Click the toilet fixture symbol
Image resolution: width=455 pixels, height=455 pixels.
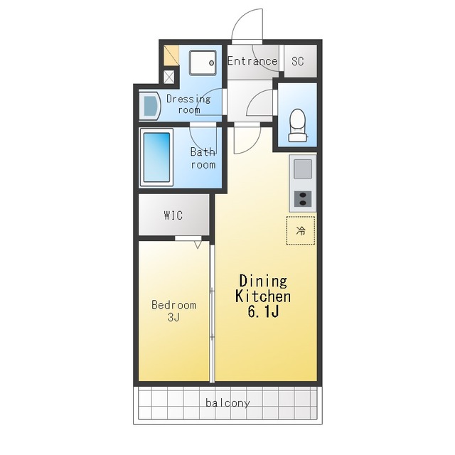pos(298,125)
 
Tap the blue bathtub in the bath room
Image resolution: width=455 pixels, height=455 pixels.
pos(156,157)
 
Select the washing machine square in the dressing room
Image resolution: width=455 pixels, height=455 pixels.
pos(203,63)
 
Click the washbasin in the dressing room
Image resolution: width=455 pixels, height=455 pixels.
pos(150,106)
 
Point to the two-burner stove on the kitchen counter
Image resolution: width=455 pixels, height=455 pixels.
pos(303,199)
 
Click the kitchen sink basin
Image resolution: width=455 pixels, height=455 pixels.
pos(303,169)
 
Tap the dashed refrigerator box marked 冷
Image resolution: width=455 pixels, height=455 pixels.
pos(301,230)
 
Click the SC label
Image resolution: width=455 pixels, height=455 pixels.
pos(298,61)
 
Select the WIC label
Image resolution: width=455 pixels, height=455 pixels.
pos(173,215)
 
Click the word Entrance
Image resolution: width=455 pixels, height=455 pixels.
pos(252,61)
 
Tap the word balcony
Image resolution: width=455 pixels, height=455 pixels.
pos(227,403)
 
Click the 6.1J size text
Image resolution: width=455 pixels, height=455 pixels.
pos(263,311)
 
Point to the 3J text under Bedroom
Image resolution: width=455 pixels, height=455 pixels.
pos(173,317)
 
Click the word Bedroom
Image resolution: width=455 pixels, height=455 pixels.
pos(173,305)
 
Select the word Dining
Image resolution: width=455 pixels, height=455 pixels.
pos(263,281)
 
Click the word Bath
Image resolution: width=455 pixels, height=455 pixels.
pos(203,151)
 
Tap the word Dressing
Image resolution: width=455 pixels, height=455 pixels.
pos(188,99)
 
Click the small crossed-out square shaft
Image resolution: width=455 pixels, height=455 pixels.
pos(169,77)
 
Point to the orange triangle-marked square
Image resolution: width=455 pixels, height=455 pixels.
pos(171,55)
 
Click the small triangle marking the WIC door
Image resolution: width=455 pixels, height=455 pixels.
pos(198,245)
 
